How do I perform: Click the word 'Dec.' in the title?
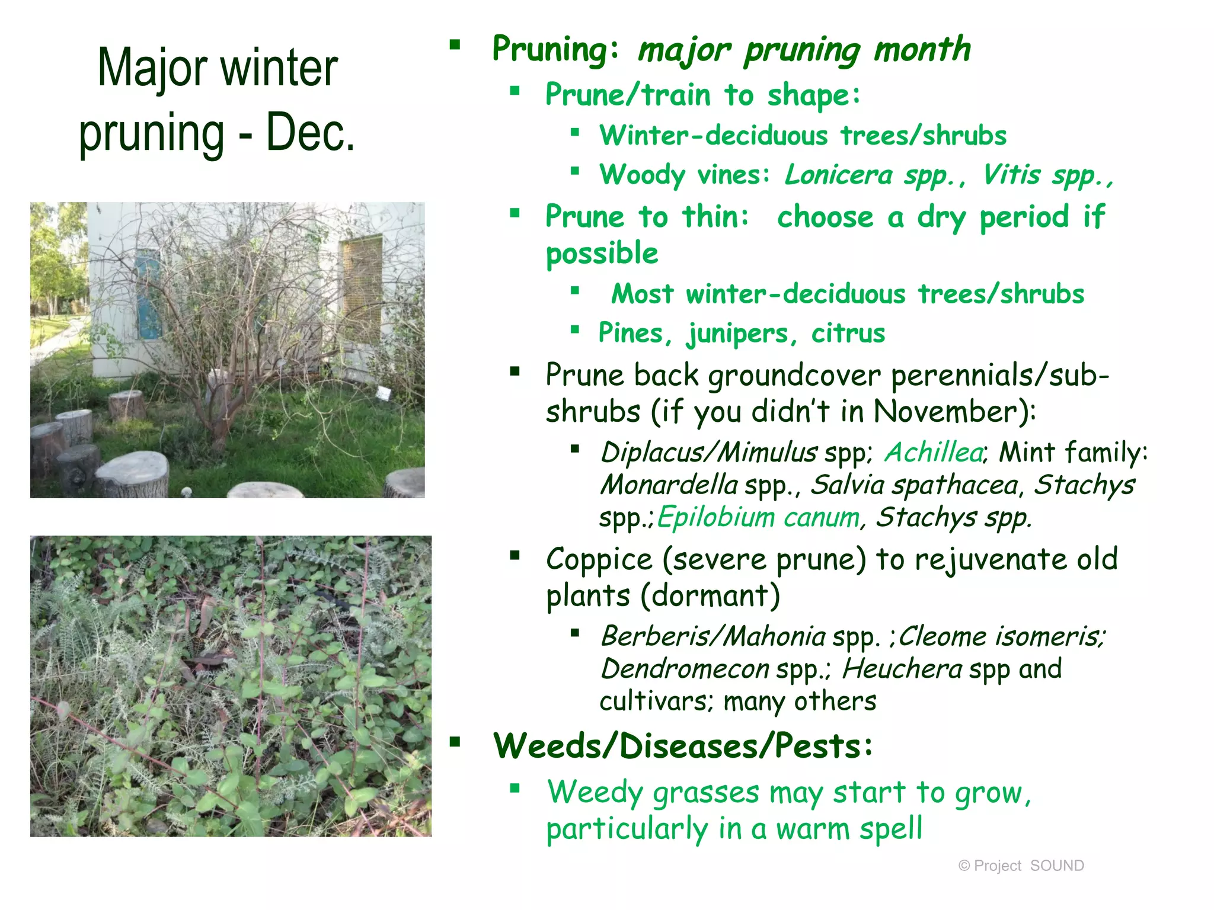tap(310, 133)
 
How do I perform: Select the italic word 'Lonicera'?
tap(838, 175)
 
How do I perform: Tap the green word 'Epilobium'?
tap(715, 517)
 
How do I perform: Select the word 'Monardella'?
tap(669, 485)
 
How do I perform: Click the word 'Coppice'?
tap(599, 560)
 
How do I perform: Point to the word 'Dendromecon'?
tap(685, 669)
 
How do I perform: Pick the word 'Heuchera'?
tap(902, 669)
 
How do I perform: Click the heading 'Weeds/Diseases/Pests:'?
tap(683, 746)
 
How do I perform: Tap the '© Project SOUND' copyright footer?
tap(1021, 866)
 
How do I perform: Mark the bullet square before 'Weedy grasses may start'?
tap(515, 788)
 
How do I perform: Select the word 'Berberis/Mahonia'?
tap(713, 637)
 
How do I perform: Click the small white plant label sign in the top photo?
tap(384, 393)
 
